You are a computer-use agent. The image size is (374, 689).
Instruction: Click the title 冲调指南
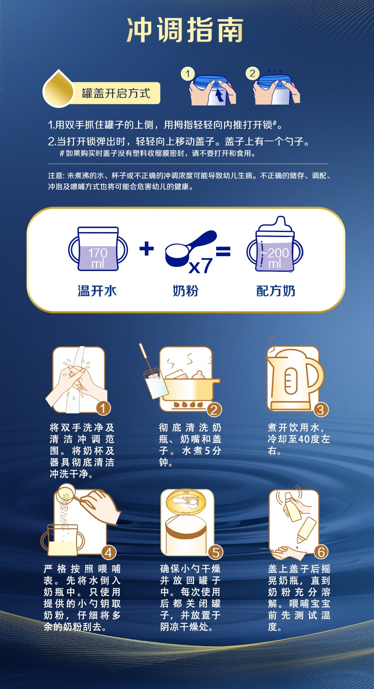(185, 30)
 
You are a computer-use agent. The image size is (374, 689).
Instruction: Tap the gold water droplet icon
(59, 89)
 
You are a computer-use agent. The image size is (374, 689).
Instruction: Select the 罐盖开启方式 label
(116, 93)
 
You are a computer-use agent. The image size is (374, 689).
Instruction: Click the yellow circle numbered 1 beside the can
(187, 74)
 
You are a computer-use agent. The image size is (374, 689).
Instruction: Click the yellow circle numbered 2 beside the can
(252, 73)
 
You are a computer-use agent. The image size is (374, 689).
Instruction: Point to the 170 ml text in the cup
(98, 258)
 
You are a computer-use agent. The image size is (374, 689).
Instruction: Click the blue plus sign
(147, 249)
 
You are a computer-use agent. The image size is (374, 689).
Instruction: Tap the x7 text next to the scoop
(201, 266)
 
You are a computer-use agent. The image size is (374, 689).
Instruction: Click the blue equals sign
(223, 251)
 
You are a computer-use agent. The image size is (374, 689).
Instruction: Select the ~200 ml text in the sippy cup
(275, 258)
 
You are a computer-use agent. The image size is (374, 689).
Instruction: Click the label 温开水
(97, 291)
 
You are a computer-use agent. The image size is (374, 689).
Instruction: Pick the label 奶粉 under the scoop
(185, 291)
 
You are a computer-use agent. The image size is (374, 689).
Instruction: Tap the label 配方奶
(276, 291)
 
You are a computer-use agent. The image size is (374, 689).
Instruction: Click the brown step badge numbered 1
(103, 408)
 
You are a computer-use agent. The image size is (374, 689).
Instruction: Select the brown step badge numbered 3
(321, 410)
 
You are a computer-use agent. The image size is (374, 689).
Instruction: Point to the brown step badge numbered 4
(108, 552)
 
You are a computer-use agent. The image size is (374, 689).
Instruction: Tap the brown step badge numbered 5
(215, 552)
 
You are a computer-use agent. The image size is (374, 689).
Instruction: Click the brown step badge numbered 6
(321, 552)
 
